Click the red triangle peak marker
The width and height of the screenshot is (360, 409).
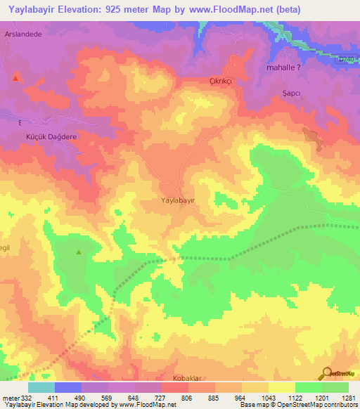coord(15,77)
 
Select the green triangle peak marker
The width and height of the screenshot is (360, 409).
coord(78,251)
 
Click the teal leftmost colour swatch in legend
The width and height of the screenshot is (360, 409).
coord(41,387)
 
